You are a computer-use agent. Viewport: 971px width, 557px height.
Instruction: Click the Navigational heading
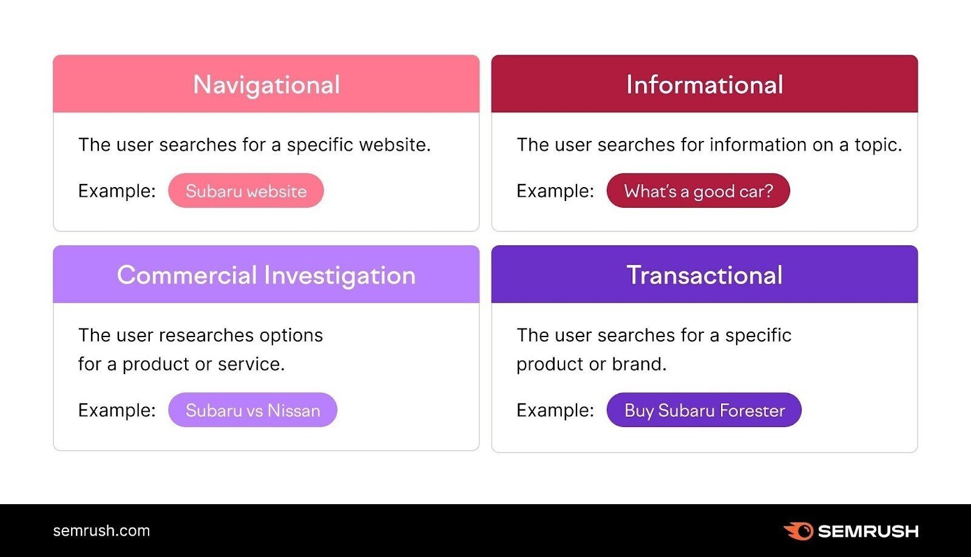pyautogui.click(x=266, y=85)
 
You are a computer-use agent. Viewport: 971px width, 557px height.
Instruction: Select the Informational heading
pyautogui.click(x=705, y=85)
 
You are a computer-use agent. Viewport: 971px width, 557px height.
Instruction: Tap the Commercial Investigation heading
pyautogui.click(x=266, y=275)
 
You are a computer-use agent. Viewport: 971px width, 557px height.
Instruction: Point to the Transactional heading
pyautogui.click(x=705, y=275)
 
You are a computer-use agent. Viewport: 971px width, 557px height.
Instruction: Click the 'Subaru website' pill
pyautogui.click(x=246, y=191)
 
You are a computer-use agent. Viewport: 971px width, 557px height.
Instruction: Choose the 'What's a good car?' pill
pyautogui.click(x=698, y=191)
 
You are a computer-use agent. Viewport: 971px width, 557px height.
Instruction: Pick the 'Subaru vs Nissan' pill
pyautogui.click(x=252, y=410)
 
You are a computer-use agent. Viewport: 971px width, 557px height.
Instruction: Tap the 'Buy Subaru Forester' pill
pyautogui.click(x=704, y=410)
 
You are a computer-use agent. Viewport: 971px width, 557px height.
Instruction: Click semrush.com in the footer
pyautogui.click(x=101, y=530)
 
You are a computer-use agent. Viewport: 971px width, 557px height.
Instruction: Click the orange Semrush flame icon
pyautogui.click(x=799, y=531)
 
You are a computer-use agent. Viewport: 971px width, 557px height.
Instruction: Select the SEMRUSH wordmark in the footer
pyautogui.click(x=868, y=531)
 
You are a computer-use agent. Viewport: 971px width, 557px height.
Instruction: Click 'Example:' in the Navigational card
pyautogui.click(x=117, y=191)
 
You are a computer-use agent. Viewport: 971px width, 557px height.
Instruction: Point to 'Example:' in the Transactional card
pyautogui.click(x=555, y=410)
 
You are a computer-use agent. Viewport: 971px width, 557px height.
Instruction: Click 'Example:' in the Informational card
pyautogui.click(x=555, y=191)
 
